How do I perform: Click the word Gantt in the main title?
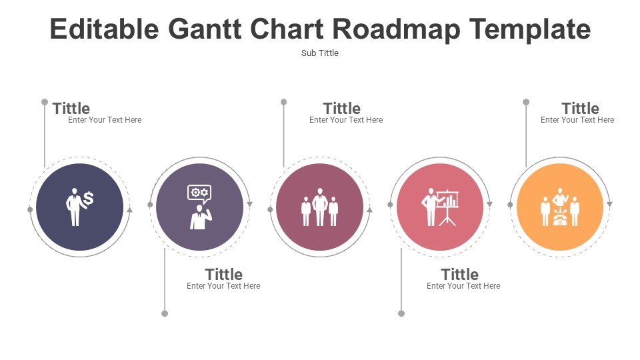(x=205, y=29)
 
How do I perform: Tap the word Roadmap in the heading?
(x=396, y=30)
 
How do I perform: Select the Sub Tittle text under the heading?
(x=320, y=53)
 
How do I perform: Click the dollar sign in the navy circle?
(x=88, y=199)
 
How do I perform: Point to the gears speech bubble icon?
(x=199, y=194)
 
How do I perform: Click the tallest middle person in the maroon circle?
(x=320, y=207)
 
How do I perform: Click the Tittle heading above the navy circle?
(x=71, y=109)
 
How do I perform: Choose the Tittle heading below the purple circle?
(x=224, y=274)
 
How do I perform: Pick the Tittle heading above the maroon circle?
(x=342, y=109)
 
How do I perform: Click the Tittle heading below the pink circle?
(x=459, y=274)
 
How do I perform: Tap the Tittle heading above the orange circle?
(x=581, y=109)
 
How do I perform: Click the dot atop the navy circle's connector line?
(x=45, y=102)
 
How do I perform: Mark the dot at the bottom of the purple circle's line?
(x=165, y=313)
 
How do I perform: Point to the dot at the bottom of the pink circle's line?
(x=401, y=313)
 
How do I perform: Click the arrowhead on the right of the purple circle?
(x=250, y=204)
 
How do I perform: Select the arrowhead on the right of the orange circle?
(x=609, y=204)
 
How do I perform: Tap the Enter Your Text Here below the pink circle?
(x=463, y=286)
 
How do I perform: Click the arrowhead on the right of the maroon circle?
(x=370, y=210)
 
